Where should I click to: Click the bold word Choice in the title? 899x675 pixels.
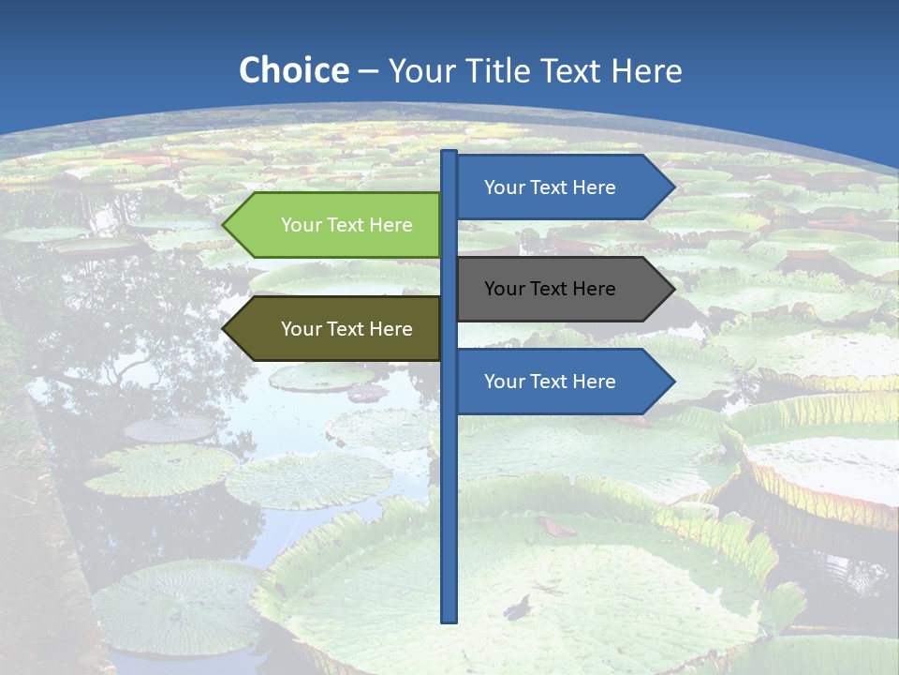[293, 70]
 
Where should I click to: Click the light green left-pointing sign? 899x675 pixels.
[337, 225]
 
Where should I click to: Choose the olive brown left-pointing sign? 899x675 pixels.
[337, 329]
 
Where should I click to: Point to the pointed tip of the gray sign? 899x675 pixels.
[672, 289]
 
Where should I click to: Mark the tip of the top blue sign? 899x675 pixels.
[672, 187]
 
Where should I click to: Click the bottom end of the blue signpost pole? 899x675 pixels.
[449, 619]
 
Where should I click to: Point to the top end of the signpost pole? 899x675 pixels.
[449, 153]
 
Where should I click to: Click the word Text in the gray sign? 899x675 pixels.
[550, 289]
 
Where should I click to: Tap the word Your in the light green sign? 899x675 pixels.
[301, 225]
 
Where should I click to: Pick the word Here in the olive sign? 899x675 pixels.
[391, 329]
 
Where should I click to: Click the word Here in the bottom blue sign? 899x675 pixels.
[595, 382]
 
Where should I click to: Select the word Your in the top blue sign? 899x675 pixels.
[504, 187]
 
